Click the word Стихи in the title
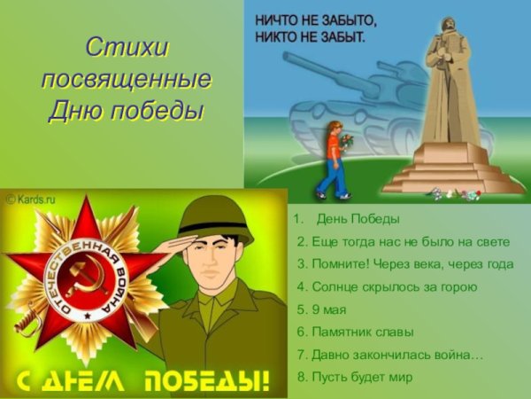coord(127,45)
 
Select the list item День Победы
coord(358,218)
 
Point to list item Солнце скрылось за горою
coord(387,286)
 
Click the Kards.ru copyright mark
coord(31,199)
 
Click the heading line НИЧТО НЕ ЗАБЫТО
coord(316,20)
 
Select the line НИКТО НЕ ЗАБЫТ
coord(309,37)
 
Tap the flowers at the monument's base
coord(460,193)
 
